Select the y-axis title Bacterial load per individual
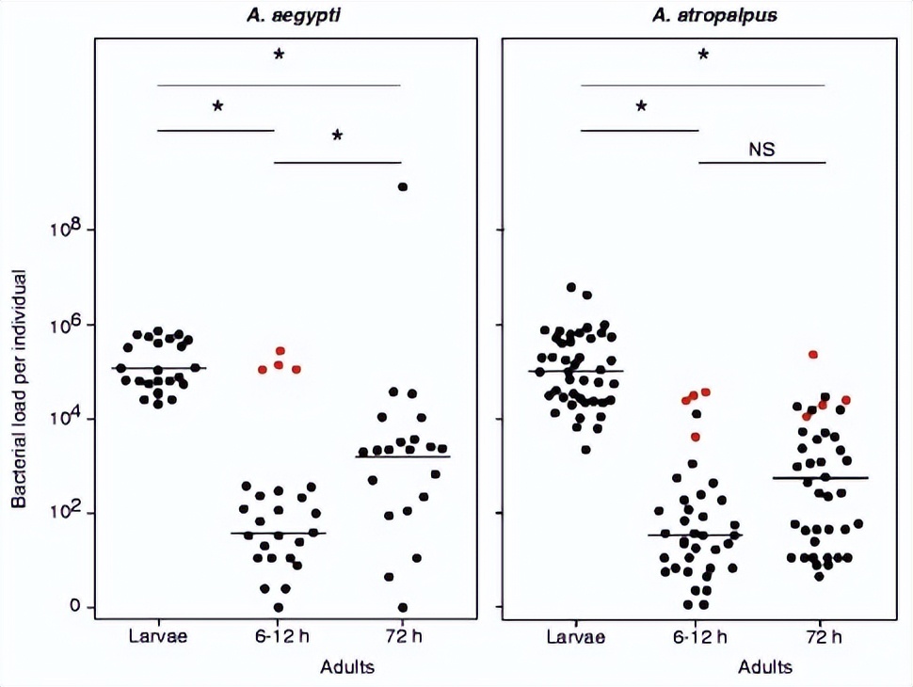pos(19,388)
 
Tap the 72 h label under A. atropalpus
pos(825,635)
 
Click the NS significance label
pos(761,149)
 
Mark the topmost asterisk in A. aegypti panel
pos(279,56)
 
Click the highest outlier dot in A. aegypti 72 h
pos(403,187)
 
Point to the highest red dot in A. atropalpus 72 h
pos(813,355)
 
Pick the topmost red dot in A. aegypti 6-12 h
pos(280,351)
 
